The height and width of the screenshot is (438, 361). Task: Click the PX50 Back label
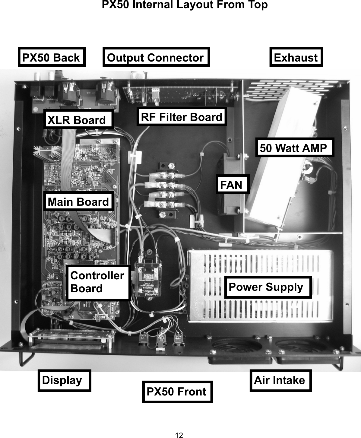pos(52,57)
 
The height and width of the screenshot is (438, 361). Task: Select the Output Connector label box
pos(156,57)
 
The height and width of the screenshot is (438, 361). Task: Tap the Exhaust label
pos(296,57)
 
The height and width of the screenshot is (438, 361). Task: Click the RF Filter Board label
pos(182,117)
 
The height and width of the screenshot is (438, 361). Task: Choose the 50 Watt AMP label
pos(294,148)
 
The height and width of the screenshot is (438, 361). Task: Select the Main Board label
pos(79,201)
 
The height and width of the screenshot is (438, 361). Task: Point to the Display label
pos(64,380)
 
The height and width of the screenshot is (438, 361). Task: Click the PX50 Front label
pos(177,392)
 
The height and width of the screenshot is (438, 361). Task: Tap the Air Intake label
pos(280,380)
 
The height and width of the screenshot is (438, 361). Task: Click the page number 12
pos(179,435)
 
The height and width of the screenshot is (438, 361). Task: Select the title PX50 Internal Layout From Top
pos(185,5)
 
